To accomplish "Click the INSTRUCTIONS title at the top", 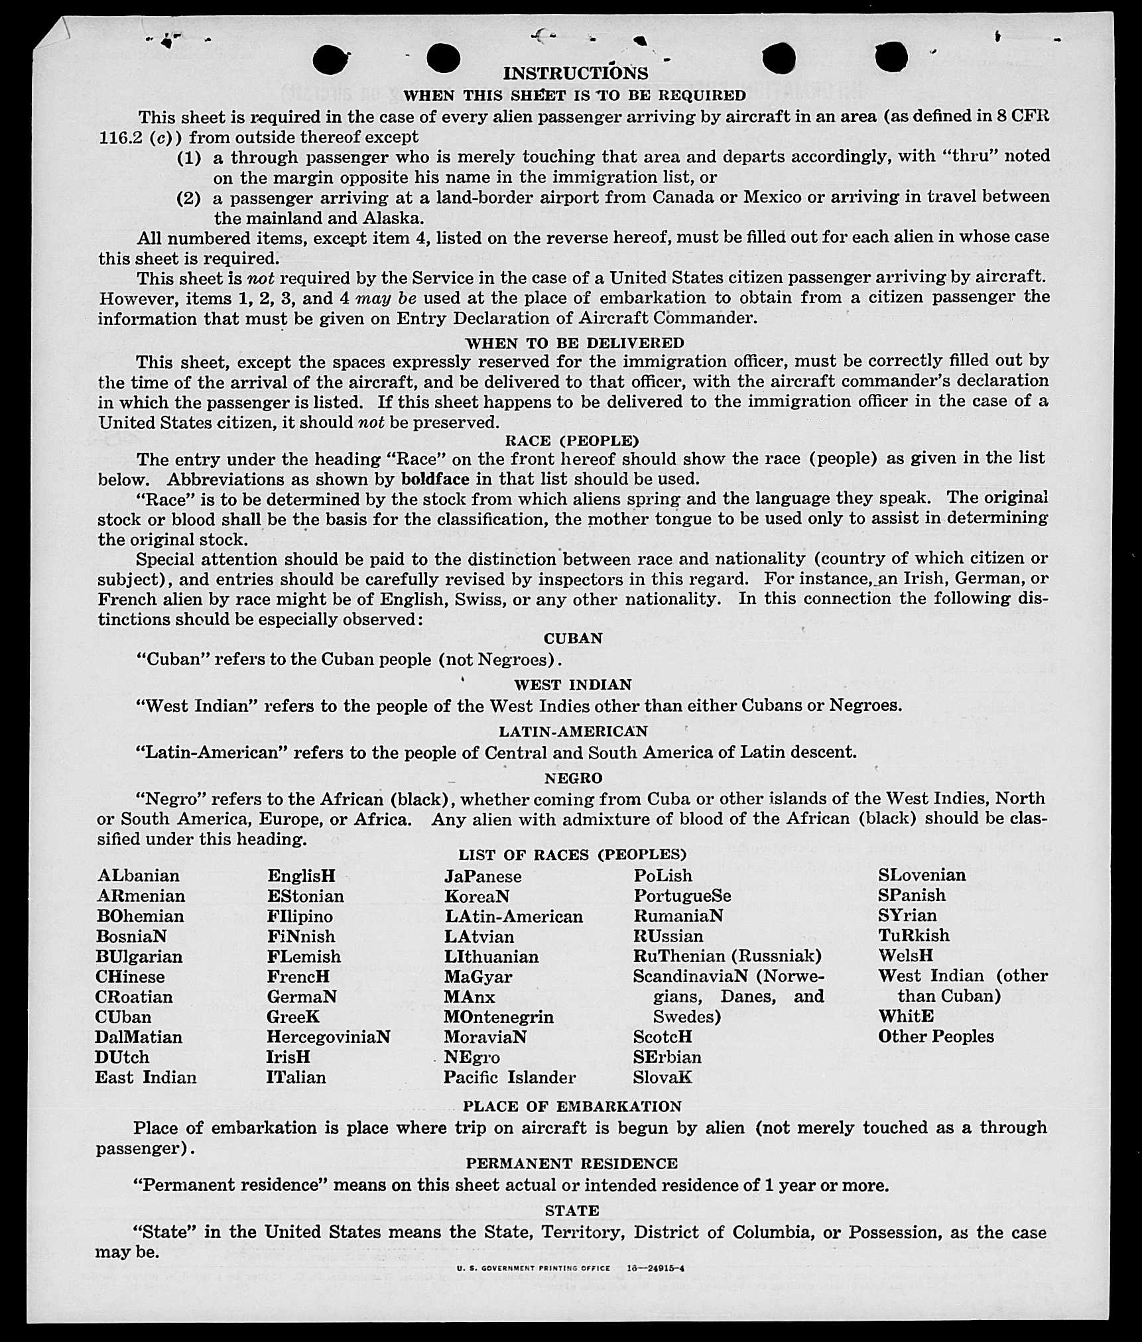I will click(575, 73).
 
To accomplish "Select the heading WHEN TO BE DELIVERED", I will click(574, 343).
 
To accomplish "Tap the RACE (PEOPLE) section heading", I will click(572, 441).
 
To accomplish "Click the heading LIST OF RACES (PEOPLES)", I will click(572, 855).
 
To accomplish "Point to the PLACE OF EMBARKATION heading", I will click(572, 1107).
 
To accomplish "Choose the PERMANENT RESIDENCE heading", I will click(572, 1164).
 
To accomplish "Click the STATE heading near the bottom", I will click(572, 1211).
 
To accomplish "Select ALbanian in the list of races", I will click(138, 876).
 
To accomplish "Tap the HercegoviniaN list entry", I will click(328, 1036).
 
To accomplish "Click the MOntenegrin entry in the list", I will click(499, 1016).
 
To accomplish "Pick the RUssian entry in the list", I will click(668, 936).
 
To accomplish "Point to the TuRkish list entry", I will click(913, 936).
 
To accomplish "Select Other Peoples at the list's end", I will click(936, 1036).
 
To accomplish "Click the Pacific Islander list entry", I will click(509, 1077).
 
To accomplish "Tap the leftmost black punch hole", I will click(332, 60).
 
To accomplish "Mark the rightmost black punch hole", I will click(891, 57).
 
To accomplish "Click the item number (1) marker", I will click(188, 158).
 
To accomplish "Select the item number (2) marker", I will click(188, 198).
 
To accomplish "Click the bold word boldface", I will click(435, 479).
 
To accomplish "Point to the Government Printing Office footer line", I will click(570, 1268).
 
